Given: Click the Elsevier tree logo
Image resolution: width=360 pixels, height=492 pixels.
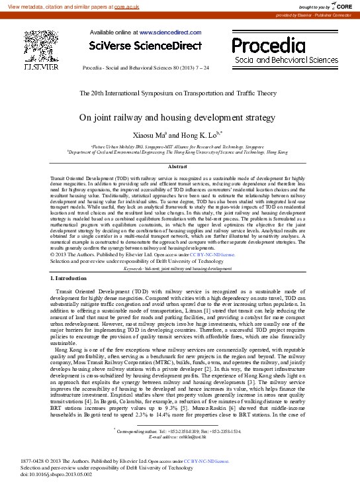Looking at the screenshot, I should [x=41, y=46].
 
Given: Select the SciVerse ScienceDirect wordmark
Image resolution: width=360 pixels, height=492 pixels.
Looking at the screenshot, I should [x=145, y=46].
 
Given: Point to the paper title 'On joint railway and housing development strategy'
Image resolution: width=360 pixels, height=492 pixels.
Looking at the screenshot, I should [x=177, y=117].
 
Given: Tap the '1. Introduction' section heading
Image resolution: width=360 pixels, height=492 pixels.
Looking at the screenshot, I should [x=69, y=278].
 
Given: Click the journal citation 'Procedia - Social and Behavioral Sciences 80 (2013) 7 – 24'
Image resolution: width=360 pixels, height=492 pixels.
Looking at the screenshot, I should [x=145, y=68].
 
